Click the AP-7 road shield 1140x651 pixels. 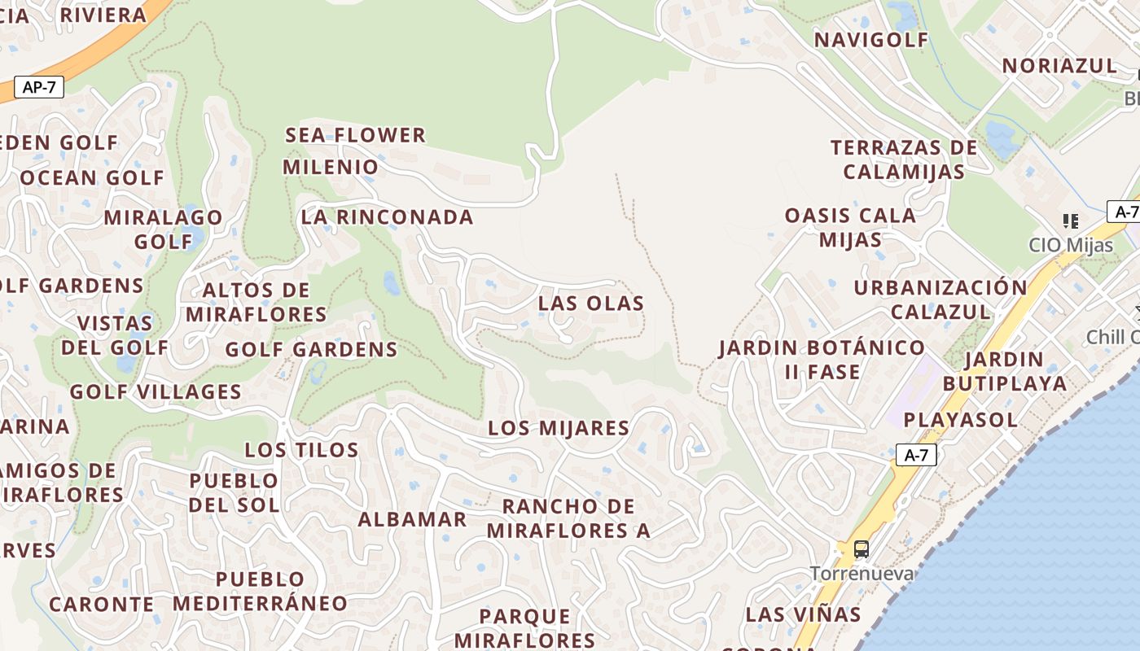point(38,87)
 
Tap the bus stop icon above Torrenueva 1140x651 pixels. point(861,549)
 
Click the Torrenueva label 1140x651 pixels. point(861,574)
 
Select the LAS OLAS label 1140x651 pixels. point(591,304)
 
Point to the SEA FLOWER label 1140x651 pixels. point(355,135)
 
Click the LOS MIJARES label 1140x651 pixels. point(559,428)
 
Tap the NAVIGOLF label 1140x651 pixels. point(871,40)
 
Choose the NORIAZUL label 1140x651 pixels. point(1059,66)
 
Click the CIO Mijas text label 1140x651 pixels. point(1071,244)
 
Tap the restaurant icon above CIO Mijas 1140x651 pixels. point(1071,221)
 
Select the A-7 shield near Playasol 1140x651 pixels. point(916,456)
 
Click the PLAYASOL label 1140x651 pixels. point(961,420)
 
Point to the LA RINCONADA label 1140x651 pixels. point(387,217)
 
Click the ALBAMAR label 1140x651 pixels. point(413,519)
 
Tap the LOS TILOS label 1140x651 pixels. point(301,450)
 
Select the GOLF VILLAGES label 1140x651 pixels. point(156,392)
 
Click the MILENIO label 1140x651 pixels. point(331,168)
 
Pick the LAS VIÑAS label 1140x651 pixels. point(803,614)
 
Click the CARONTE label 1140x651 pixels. point(101,605)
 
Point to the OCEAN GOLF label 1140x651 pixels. point(92,178)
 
